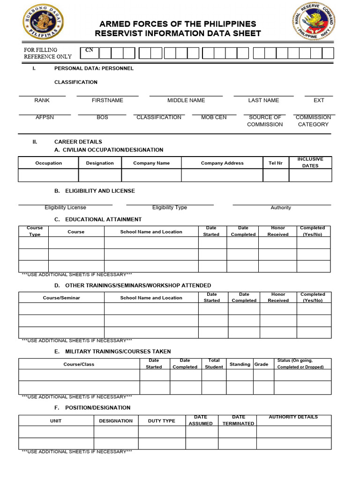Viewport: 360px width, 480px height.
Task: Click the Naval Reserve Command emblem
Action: pyautogui.click(x=314, y=22)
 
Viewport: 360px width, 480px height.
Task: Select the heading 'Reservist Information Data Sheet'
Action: pyautogui.click(x=178, y=33)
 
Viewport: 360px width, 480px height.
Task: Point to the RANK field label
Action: pyautogui.click(x=42, y=100)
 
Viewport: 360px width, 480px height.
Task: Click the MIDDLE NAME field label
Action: pyautogui.click(x=186, y=100)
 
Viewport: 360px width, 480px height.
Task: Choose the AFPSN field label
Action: pyautogui.click(x=45, y=117)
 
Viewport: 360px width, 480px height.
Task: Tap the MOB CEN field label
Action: pyautogui.click(x=214, y=117)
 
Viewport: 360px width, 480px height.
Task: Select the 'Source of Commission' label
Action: pyautogui.click(x=265, y=121)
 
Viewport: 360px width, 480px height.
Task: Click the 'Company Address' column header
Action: pyautogui.click(x=222, y=163)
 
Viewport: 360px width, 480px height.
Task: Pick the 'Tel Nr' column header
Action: pyautogui.click(x=276, y=163)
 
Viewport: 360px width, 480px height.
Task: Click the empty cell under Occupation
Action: pyautogui.click(x=48, y=175)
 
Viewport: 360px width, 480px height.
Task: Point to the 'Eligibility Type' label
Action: pyautogui.click(x=169, y=207)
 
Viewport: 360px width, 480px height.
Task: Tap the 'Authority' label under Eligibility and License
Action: pyautogui.click(x=281, y=208)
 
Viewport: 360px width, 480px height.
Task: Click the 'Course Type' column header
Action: pyautogui.click(x=35, y=231)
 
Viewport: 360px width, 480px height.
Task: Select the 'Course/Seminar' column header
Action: pyautogui.click(x=61, y=298)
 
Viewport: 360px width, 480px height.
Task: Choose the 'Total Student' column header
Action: pyautogui.click(x=214, y=364)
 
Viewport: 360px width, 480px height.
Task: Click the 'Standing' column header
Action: pyautogui.click(x=240, y=364)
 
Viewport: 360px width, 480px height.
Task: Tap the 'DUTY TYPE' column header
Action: pyautogui.click(x=161, y=420)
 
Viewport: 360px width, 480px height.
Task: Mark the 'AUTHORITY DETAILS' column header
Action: pyautogui.click(x=293, y=417)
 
